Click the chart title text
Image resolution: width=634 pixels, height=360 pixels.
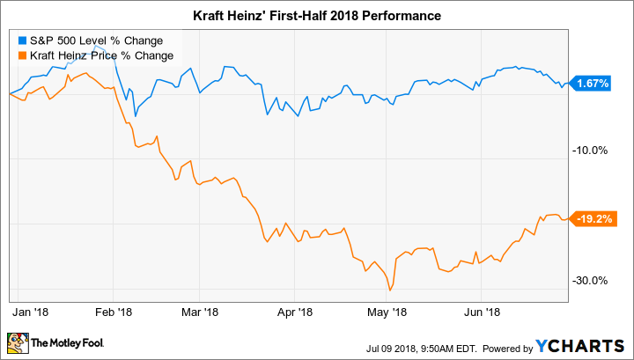click(x=317, y=16)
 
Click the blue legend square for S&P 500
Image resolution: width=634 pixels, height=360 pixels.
click(x=19, y=40)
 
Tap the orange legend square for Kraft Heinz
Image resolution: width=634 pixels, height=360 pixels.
click(x=19, y=55)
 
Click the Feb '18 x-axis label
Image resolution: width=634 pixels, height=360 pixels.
click(x=113, y=311)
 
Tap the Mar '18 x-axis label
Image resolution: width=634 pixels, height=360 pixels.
click(x=199, y=311)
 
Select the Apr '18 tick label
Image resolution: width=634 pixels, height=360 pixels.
click(x=295, y=311)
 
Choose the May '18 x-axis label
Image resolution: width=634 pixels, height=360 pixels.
click(x=387, y=311)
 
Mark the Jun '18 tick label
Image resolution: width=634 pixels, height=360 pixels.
click(x=482, y=311)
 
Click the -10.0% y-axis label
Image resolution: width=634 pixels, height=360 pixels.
click(x=590, y=150)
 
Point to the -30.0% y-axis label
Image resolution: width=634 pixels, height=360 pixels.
click(x=590, y=281)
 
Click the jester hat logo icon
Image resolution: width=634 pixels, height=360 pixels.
click(x=18, y=342)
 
